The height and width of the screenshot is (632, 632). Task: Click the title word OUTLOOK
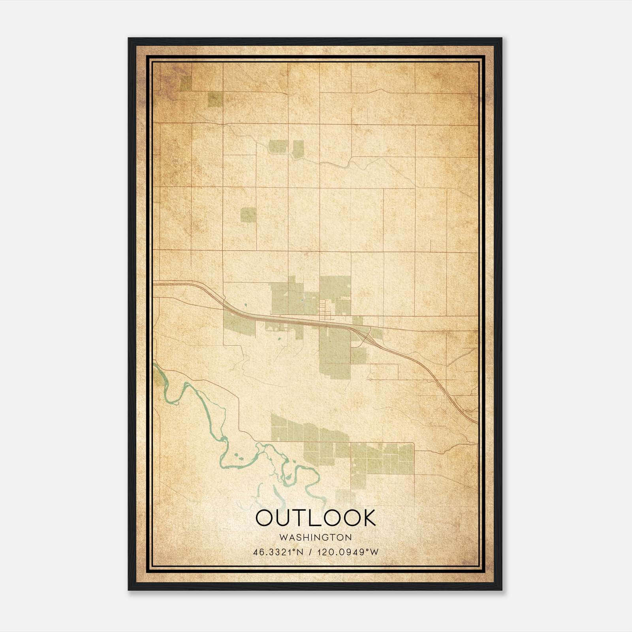[x=316, y=518]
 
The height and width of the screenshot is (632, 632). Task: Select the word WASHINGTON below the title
[x=316, y=537]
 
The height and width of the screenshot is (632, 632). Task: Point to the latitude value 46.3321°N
[x=278, y=552]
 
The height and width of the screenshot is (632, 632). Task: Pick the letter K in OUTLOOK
[x=369, y=518]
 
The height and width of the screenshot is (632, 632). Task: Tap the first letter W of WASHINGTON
[x=283, y=537]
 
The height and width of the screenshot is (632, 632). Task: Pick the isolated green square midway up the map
[x=248, y=214]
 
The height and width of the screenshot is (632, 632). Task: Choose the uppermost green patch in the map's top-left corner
[x=185, y=83]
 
